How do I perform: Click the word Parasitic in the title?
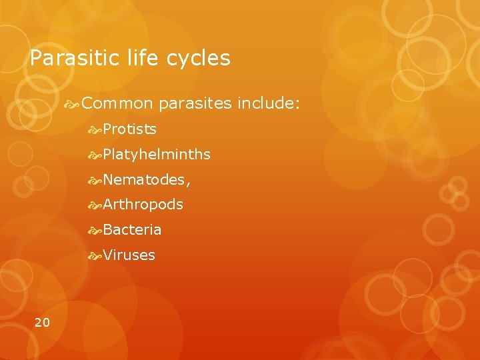pos(71,59)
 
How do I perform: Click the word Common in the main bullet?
pos(118,104)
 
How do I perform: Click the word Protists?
pos(130,129)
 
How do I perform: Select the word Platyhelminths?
pos(157,155)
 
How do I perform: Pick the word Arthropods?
pos(143,205)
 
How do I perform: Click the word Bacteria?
pos(133,230)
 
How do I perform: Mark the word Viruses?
pos(129,255)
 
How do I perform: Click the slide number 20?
pos(42,323)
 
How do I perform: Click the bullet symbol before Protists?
pos(95,129)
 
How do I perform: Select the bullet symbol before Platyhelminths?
pos(95,155)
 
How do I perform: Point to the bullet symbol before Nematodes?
pos(95,179)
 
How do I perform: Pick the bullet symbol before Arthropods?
pos(95,205)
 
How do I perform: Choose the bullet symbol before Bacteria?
pos(95,230)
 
